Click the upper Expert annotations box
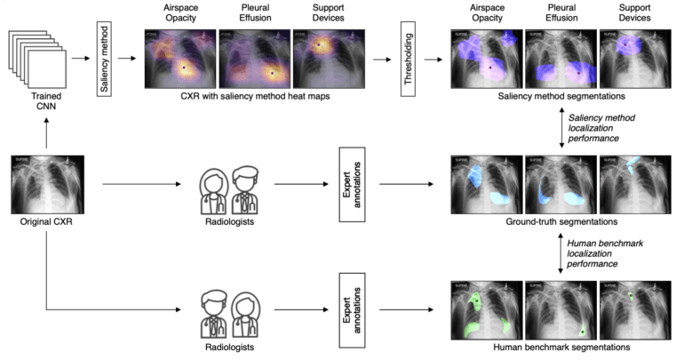[347, 185]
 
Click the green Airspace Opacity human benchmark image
[488, 308]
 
